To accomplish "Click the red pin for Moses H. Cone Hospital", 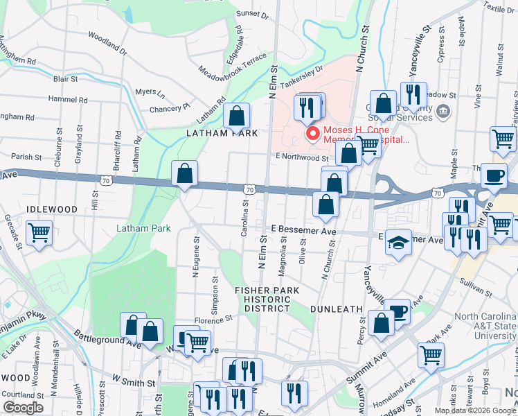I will pos(312,134).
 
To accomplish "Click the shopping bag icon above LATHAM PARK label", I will pos(236,116).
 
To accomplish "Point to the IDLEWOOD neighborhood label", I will pos(51,209).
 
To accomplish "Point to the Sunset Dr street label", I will pos(251,13).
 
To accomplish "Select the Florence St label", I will pos(212,320).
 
